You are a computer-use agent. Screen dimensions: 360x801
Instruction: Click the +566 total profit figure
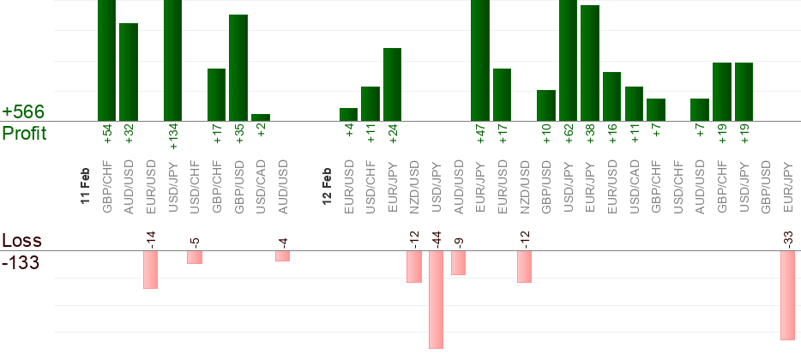pyautogui.click(x=23, y=112)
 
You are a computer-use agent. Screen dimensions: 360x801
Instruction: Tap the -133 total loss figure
pyautogui.click(x=21, y=262)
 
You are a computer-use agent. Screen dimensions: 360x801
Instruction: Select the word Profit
pyautogui.click(x=24, y=134)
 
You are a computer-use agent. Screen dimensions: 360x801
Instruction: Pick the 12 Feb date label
pyautogui.click(x=327, y=185)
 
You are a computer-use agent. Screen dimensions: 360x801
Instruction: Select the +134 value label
pyautogui.click(x=172, y=135)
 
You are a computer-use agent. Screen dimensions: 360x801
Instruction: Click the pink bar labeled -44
pyautogui.click(x=436, y=299)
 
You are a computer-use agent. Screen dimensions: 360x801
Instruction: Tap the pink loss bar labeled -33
pyautogui.click(x=787, y=295)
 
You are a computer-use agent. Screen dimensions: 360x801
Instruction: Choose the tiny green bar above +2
pyautogui.click(x=261, y=117)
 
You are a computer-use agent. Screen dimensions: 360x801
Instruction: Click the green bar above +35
pyautogui.click(x=238, y=68)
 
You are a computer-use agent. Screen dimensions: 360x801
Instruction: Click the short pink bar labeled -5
pyautogui.click(x=195, y=257)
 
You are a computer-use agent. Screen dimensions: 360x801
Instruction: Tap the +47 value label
pyautogui.click(x=480, y=135)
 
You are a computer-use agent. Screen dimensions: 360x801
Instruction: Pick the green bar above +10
pyautogui.click(x=546, y=105)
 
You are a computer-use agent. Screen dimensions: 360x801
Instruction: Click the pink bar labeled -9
pyautogui.click(x=458, y=262)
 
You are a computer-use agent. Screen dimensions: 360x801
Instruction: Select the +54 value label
pyautogui.click(x=106, y=135)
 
